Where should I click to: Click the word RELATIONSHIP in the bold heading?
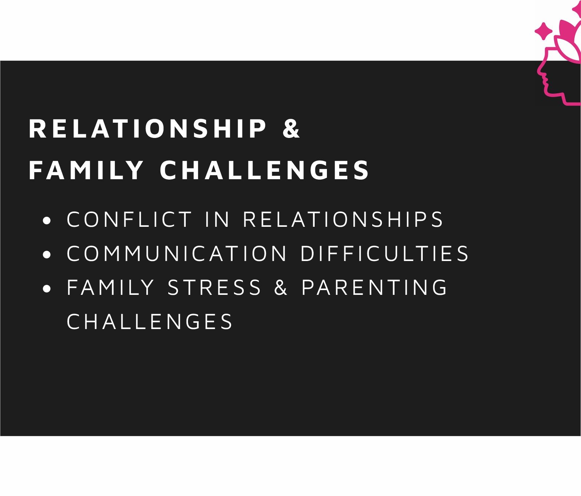point(147,129)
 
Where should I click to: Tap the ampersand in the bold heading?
point(292,129)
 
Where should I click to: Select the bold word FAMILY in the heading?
point(86,170)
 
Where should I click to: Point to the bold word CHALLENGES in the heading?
point(264,170)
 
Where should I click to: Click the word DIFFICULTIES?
point(384,253)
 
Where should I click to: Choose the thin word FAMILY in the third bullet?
point(110,287)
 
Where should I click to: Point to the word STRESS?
point(214,287)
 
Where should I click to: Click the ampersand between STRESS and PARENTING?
point(281,287)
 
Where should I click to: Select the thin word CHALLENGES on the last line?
point(150,321)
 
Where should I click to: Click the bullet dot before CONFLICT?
point(47,220)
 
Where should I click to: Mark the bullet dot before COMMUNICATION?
point(47,254)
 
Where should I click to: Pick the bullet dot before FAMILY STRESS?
point(47,289)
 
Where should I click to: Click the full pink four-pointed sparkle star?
point(543,31)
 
